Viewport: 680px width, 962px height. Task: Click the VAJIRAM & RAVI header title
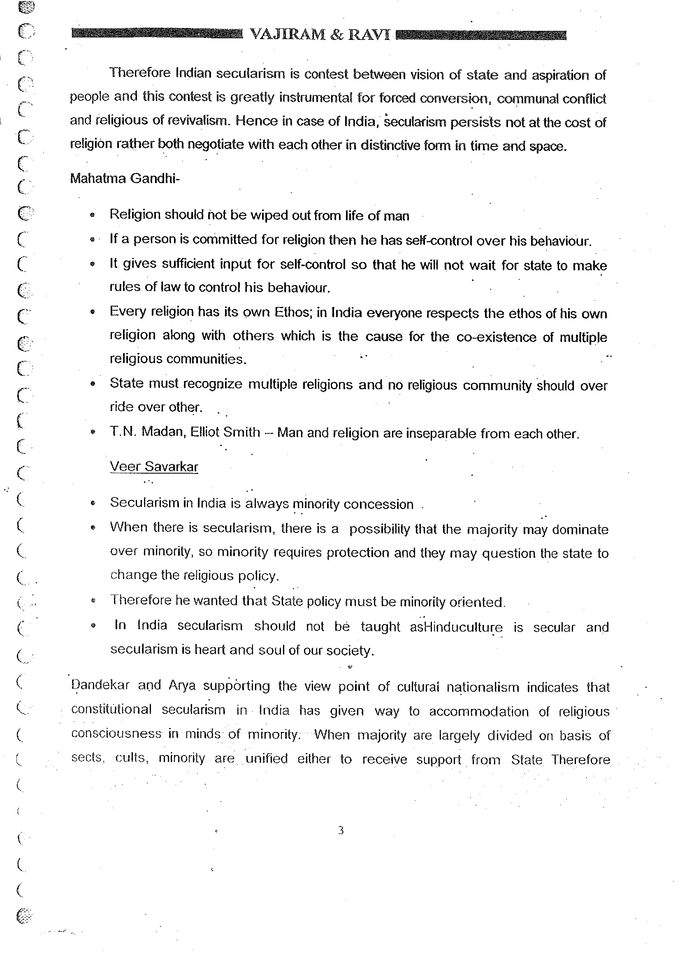click(319, 35)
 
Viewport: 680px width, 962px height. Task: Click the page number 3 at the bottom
click(341, 830)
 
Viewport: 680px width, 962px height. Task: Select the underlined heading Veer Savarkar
click(153, 467)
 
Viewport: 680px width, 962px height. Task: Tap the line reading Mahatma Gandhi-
click(124, 179)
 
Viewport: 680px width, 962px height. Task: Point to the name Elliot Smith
click(225, 432)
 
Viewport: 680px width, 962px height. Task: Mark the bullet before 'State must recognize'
click(92, 384)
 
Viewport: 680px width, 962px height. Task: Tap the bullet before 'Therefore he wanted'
click(93, 601)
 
